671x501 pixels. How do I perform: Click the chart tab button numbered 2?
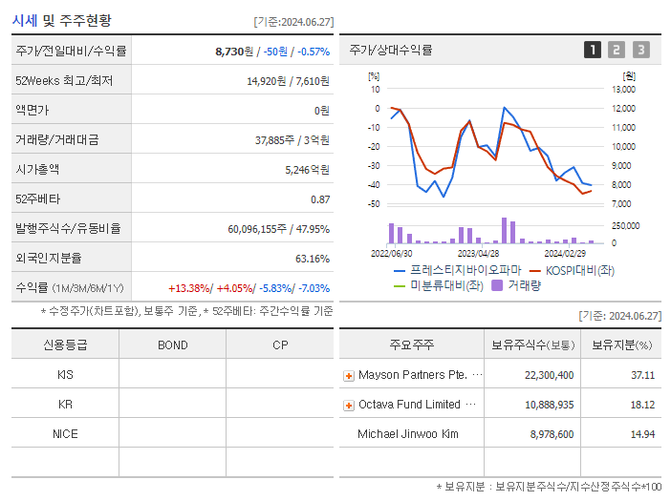(617, 50)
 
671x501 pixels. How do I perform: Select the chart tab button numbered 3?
(640, 50)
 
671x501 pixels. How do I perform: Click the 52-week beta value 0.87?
(319, 198)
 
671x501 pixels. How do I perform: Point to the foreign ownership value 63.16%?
(313, 258)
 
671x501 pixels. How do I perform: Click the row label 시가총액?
(37, 169)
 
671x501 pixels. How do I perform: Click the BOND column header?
(172, 344)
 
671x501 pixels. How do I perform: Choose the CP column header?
(280, 344)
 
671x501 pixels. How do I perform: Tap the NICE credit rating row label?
(65, 433)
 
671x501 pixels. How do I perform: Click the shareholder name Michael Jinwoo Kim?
(407, 434)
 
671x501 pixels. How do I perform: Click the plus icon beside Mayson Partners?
(349, 376)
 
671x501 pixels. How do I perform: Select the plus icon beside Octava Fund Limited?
(349, 406)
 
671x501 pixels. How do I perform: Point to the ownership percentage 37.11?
(642, 375)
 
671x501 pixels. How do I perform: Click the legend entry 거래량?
(524, 285)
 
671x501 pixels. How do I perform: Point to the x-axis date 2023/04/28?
(479, 254)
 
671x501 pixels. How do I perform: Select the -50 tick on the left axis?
(374, 203)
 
